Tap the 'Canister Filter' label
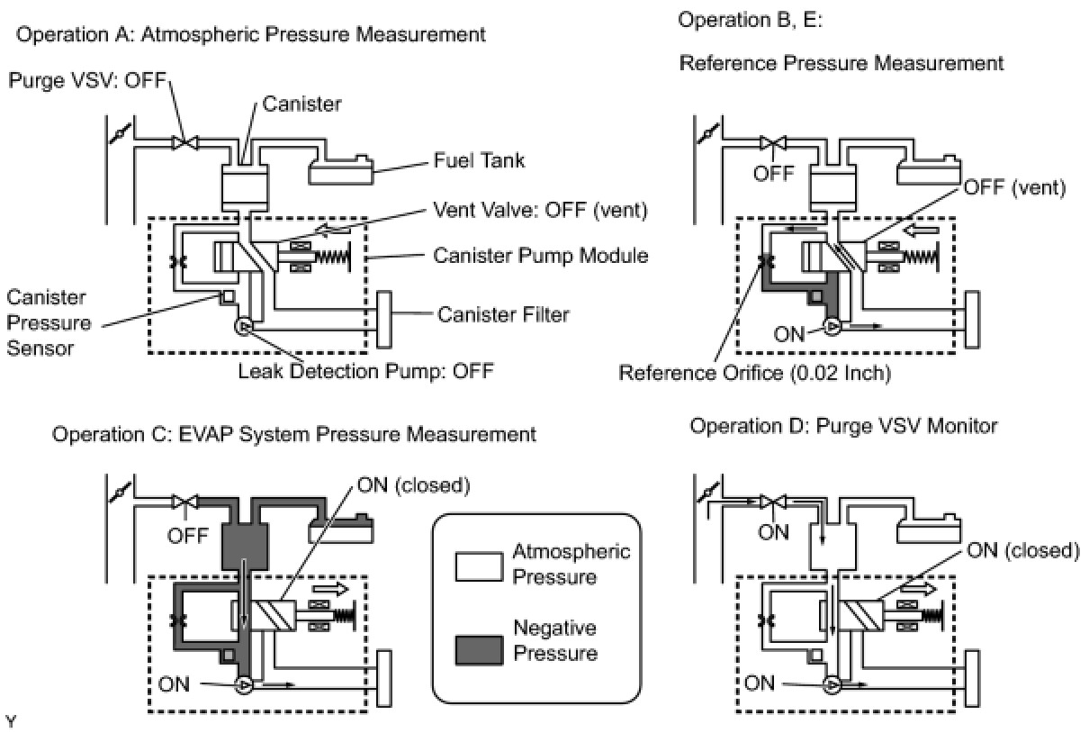(x=503, y=314)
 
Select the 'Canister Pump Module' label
(x=540, y=256)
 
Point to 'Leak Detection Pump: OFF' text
(x=365, y=371)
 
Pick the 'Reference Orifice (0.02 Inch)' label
(x=754, y=372)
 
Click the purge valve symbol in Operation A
(x=185, y=142)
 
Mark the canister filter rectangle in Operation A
(x=385, y=320)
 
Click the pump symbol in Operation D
(x=833, y=685)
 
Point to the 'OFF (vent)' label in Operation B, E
(x=1013, y=188)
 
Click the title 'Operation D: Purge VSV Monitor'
(x=843, y=426)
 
